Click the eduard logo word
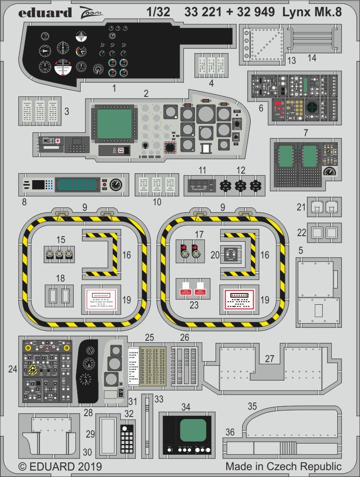[x=45, y=12]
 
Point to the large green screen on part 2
[x=114, y=123]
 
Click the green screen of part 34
[x=192, y=431]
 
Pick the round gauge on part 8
[x=116, y=185]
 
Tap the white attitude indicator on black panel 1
[x=63, y=67]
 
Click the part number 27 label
[x=269, y=358]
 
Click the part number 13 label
[x=292, y=61]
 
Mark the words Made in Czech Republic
[x=283, y=466]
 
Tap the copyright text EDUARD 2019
[x=60, y=466]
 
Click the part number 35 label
[x=252, y=406]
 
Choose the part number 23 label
[x=194, y=306]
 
